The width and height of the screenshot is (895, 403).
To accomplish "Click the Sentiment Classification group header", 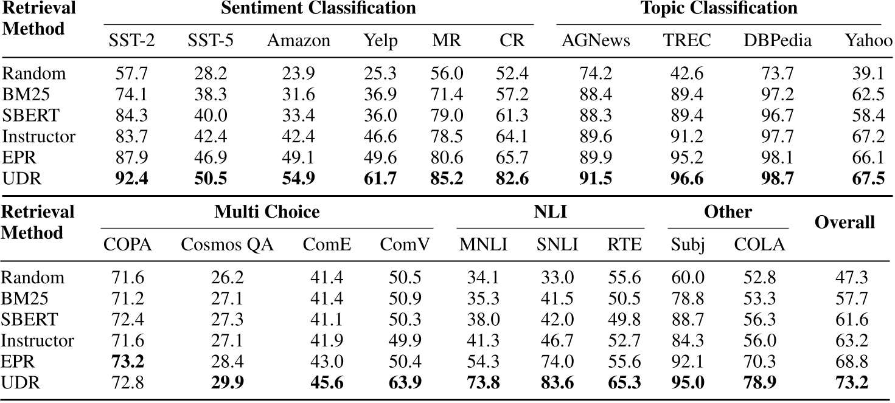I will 318,9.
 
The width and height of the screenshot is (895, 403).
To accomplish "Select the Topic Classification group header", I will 719,9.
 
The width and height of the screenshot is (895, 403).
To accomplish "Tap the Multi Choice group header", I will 266,212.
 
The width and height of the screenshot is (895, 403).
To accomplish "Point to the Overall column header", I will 845,222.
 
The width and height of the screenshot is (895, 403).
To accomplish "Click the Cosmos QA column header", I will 228,244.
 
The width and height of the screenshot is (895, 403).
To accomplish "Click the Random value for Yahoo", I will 868,74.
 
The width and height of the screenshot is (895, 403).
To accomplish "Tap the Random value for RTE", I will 624,277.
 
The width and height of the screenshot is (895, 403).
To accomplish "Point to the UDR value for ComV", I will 405,384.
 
